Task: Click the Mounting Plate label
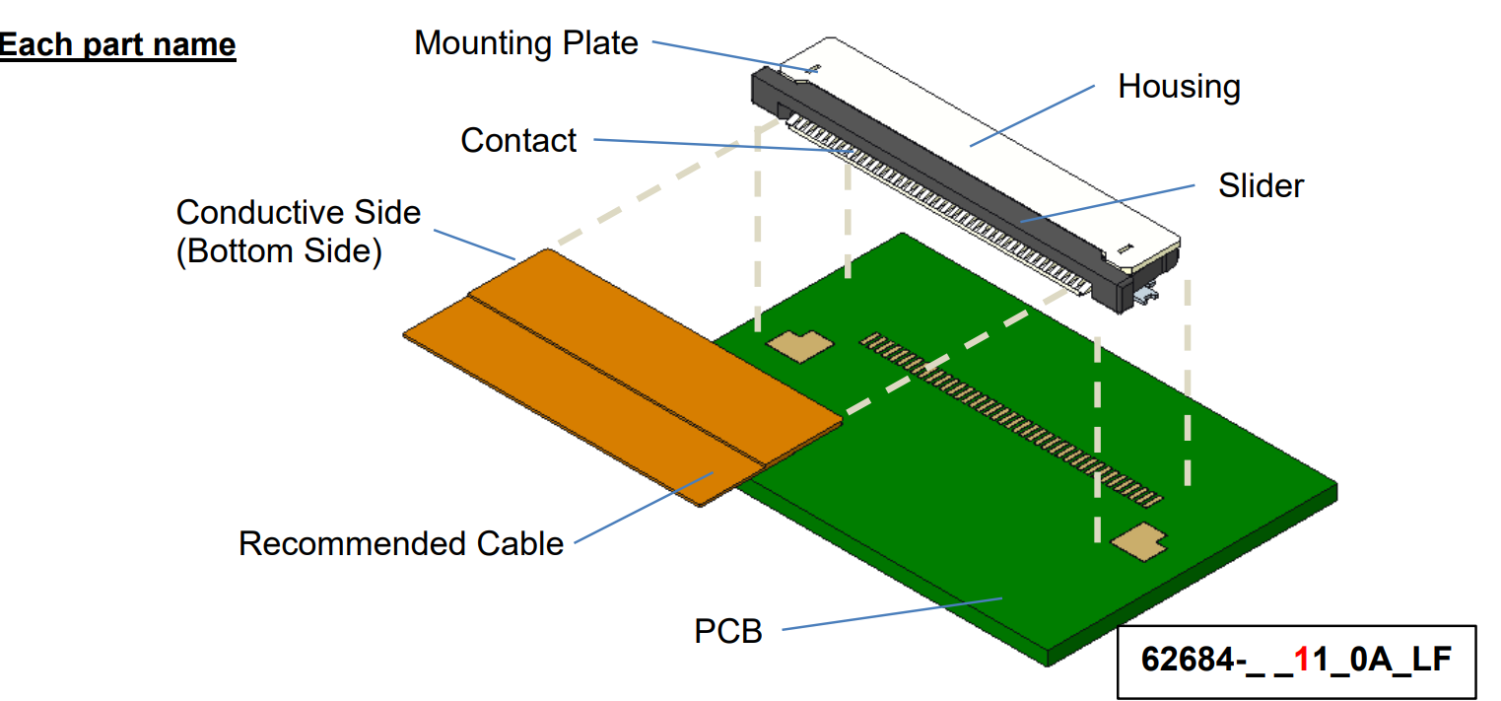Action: [x=525, y=43]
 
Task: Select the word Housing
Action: [x=1178, y=87]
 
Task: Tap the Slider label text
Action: [x=1261, y=185]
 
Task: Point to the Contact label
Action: [x=518, y=140]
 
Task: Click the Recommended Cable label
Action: [x=400, y=543]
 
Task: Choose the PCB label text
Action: [x=728, y=631]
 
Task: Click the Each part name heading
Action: [x=117, y=45]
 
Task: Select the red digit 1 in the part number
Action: [x=1303, y=659]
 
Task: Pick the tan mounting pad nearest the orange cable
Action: [x=798, y=344]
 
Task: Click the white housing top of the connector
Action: [x=986, y=138]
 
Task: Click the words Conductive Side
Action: [x=298, y=212]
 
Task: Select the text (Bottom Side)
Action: [x=278, y=251]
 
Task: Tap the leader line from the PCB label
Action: [x=887, y=612]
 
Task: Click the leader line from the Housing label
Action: [x=1035, y=114]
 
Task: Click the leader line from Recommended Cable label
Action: [x=641, y=507]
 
